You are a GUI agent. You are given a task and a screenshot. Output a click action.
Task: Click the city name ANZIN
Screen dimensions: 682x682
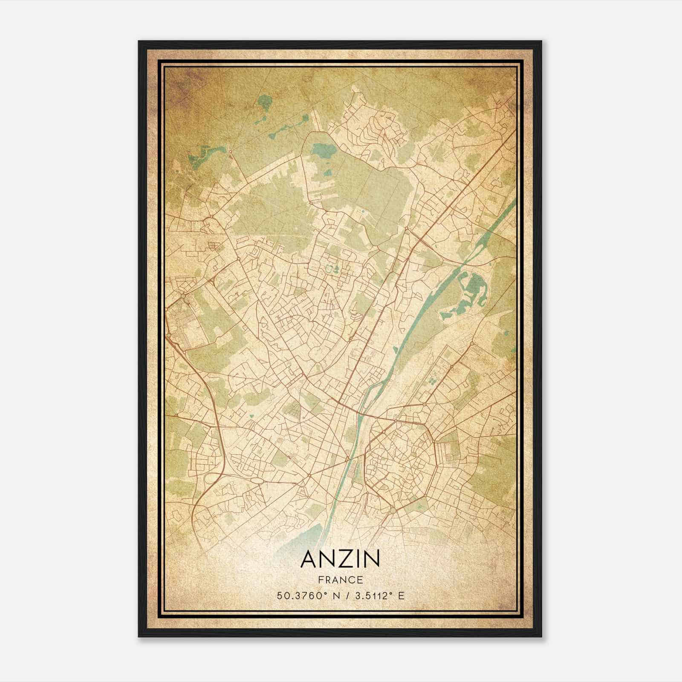(340, 559)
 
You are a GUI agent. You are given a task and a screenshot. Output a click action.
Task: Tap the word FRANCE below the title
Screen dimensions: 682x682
(340, 580)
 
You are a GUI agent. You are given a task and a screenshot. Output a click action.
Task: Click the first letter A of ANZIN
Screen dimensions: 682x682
(308, 559)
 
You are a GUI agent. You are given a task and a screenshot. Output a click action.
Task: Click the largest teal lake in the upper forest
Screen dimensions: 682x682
(324, 150)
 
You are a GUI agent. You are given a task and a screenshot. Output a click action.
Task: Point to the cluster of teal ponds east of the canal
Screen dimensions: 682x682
(469, 294)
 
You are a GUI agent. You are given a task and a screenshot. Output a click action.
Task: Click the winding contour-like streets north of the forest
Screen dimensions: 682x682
(379, 128)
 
